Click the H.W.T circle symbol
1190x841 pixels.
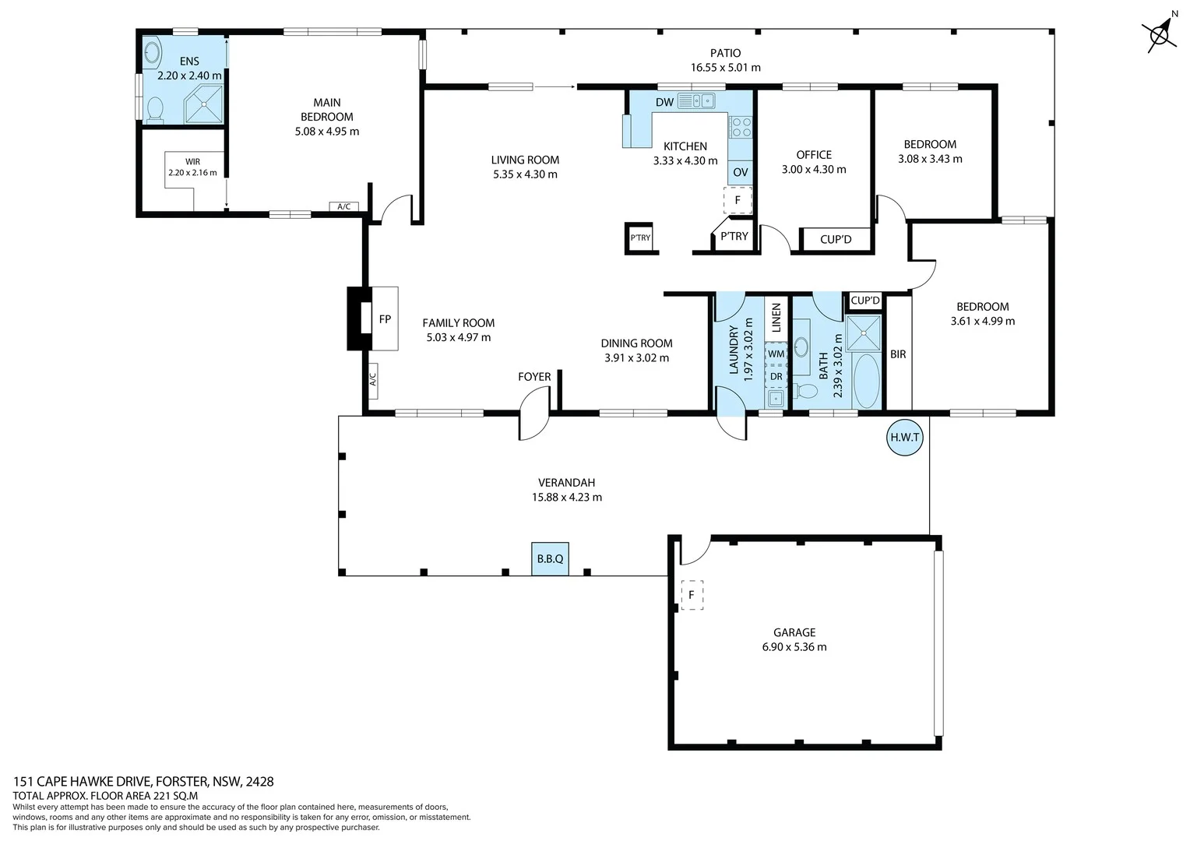click(x=904, y=437)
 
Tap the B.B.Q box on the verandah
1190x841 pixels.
click(x=550, y=559)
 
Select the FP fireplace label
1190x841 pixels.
click(x=385, y=319)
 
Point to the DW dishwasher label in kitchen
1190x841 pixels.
click(x=664, y=102)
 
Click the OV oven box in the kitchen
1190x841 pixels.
click(x=740, y=172)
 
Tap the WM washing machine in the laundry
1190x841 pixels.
click(x=776, y=354)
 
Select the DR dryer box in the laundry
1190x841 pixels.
click(x=776, y=376)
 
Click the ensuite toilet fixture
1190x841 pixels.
click(x=154, y=110)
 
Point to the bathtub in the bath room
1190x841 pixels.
click(x=865, y=381)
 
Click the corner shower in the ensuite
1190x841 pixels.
click(x=204, y=105)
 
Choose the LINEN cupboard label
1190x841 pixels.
click(x=776, y=319)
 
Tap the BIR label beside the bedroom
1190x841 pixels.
click(x=898, y=354)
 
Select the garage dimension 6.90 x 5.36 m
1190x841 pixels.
click(x=794, y=647)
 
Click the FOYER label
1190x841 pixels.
click(x=534, y=377)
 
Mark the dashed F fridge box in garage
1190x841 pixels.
click(x=691, y=595)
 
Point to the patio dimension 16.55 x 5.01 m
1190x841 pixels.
click(x=725, y=68)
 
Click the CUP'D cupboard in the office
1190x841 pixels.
click(x=836, y=239)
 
